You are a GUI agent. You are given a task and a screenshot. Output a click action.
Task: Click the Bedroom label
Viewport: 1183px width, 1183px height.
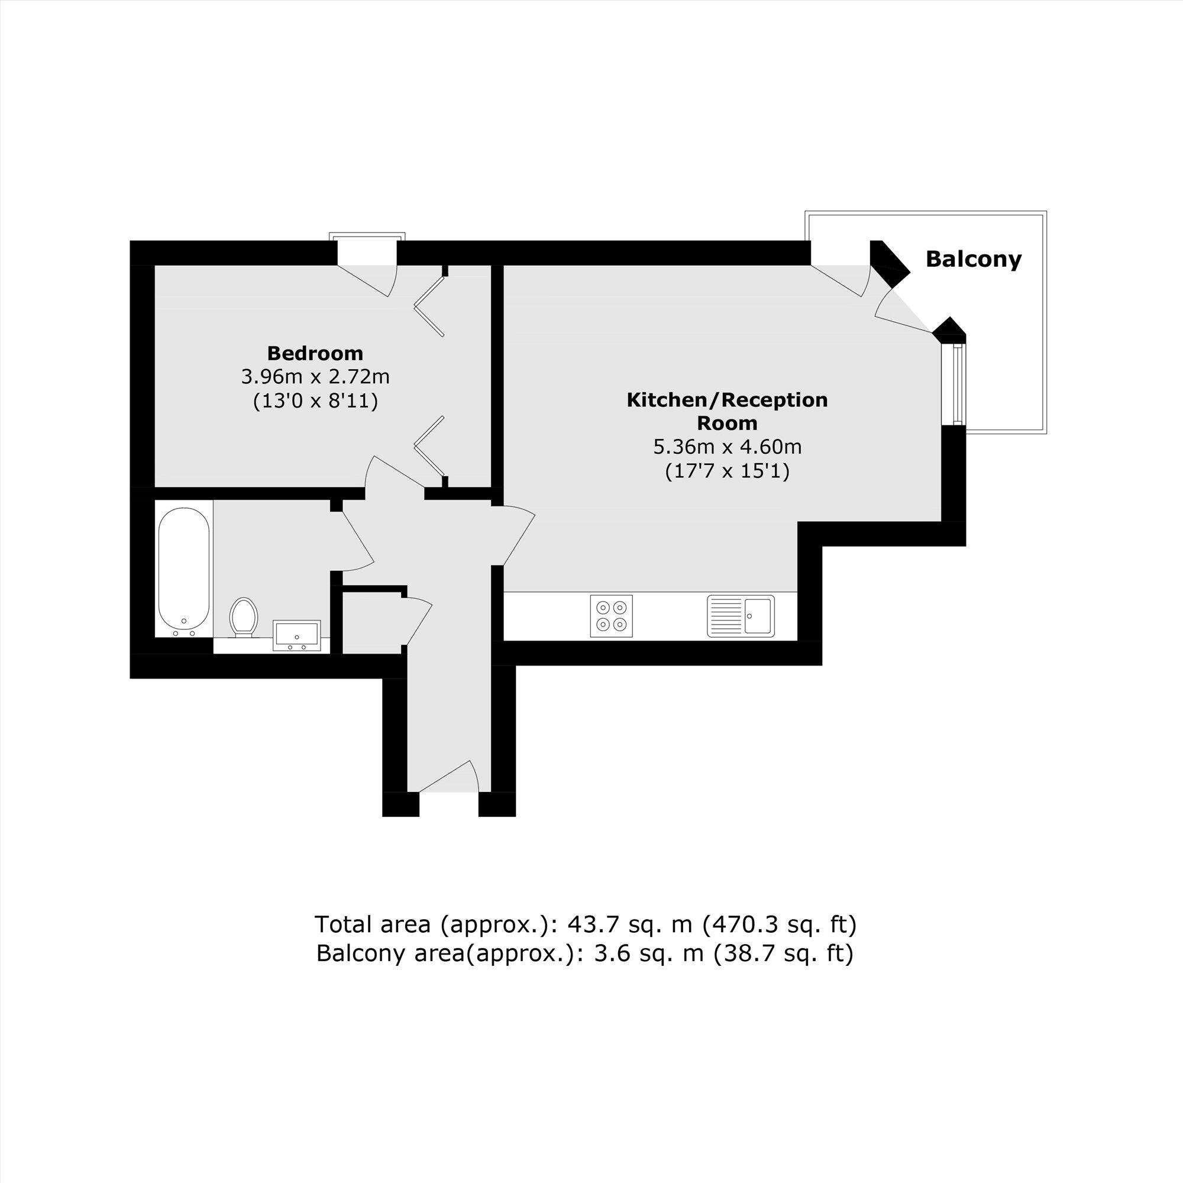coord(315,353)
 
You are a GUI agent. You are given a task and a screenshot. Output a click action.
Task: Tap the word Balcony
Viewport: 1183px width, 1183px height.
coord(973,259)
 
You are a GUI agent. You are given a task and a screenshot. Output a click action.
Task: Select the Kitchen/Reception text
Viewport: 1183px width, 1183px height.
coord(727,400)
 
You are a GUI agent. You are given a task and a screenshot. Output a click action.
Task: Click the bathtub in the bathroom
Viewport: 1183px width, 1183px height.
coord(184,567)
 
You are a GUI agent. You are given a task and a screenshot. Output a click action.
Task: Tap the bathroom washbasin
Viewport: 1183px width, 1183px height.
coord(297,634)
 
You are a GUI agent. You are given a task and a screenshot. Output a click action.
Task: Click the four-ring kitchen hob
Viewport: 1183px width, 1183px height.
coord(612,615)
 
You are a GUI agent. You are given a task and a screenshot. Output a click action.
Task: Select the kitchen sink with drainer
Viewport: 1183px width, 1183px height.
coord(741,615)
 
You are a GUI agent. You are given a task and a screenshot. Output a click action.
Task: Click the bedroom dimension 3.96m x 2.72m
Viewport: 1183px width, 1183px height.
coord(315,376)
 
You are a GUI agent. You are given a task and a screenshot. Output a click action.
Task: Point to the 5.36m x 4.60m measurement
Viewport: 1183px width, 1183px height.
coord(727,447)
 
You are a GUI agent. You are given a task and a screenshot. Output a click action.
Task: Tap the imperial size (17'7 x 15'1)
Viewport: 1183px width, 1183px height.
coord(727,471)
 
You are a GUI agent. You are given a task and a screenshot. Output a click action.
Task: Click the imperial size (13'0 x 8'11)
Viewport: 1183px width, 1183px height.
coord(315,400)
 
